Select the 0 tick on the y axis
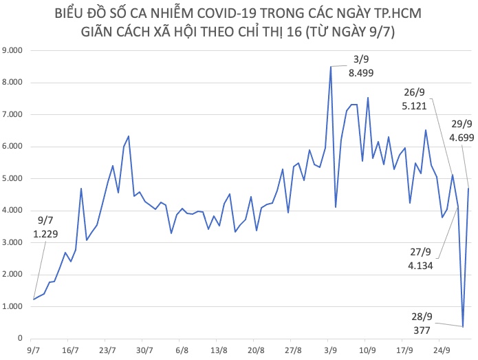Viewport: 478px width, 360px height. [x=21, y=339]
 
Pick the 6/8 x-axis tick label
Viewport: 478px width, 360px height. [x=182, y=350]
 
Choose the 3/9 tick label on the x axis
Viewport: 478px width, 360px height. [x=331, y=350]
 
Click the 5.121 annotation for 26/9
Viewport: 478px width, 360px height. [x=414, y=106]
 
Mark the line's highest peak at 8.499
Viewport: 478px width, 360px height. [x=330, y=67]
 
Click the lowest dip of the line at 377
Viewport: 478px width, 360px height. [x=463, y=326]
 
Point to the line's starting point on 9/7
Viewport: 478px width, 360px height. [x=32, y=299]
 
